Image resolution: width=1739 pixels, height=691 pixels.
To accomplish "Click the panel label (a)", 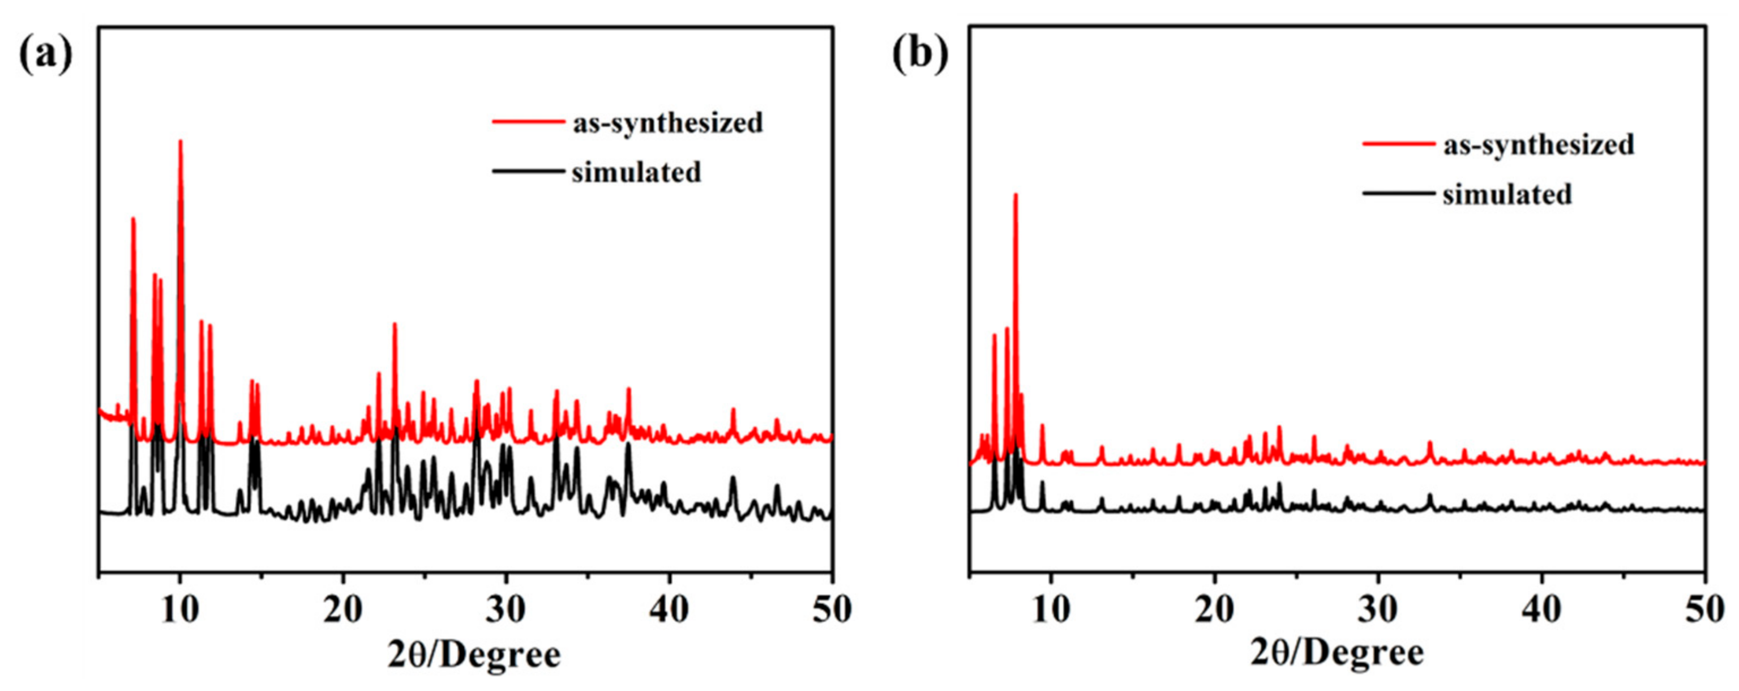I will pos(45,56).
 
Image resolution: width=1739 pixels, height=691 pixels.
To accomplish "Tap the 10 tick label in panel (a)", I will pos(180,610).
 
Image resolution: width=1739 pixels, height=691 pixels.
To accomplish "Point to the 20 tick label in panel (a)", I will pos(344,610).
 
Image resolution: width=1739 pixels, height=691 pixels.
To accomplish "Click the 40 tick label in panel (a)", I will pos(670,610).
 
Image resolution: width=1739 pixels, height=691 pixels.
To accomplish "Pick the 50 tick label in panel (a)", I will pos(832,610).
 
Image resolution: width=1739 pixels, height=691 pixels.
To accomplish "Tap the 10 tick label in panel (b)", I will pos(1051,610).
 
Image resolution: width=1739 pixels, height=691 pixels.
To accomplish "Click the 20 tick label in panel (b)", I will pos(1215,610).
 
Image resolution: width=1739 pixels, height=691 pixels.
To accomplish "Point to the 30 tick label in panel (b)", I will pos(1378,610).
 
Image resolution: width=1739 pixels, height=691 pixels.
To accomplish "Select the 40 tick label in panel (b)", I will pos(1543,610).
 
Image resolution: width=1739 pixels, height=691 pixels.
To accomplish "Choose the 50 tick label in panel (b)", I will pos(1704,610).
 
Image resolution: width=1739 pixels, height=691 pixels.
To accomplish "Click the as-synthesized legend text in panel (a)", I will pos(667,123).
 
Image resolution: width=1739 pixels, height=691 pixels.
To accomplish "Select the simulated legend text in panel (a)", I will pos(637,173).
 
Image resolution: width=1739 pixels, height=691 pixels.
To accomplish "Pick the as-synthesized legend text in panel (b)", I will pos(1539,145).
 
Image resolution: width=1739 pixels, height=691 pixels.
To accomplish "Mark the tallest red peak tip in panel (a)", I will pos(180,140).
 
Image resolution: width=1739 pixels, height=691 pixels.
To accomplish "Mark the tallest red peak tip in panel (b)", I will pos(1016,194).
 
